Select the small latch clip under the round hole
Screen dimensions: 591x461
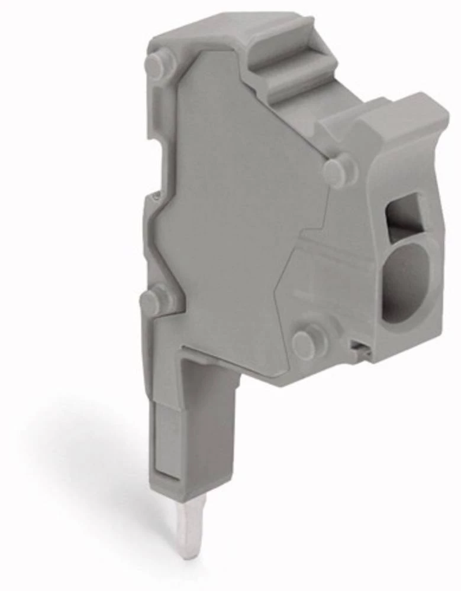click(x=359, y=351)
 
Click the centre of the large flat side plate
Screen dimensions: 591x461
click(x=237, y=207)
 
